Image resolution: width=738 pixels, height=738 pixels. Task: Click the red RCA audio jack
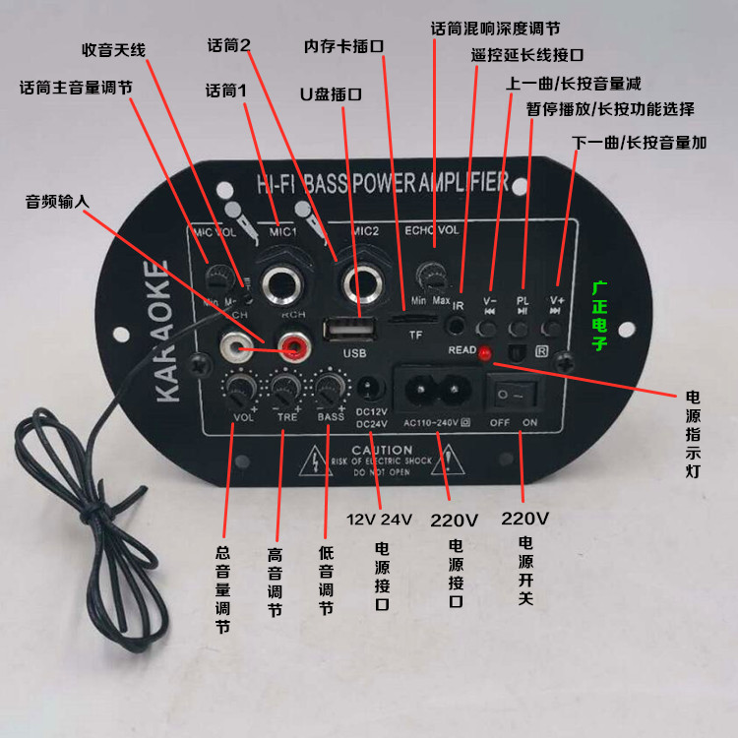pos(291,345)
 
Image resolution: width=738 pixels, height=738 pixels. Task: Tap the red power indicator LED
pos(484,352)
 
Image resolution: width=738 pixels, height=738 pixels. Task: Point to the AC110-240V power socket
pos(440,389)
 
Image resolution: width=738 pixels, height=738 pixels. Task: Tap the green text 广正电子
pos(600,317)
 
